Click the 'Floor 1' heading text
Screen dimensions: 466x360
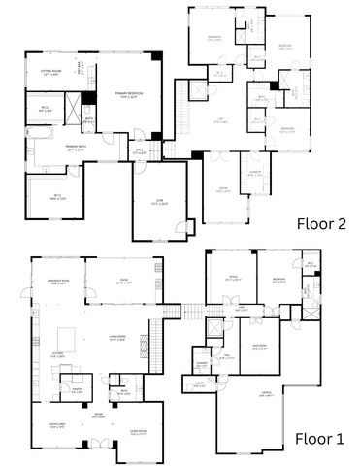tap(319, 438)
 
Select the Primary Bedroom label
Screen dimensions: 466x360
tap(129, 95)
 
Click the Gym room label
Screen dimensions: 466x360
tap(159, 201)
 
